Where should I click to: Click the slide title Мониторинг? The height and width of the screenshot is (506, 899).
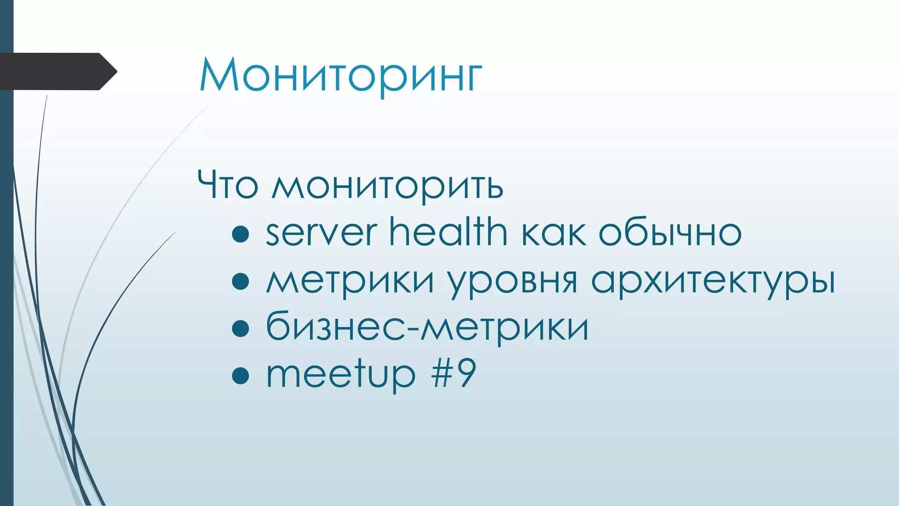click(x=341, y=76)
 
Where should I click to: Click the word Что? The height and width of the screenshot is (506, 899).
click(x=227, y=185)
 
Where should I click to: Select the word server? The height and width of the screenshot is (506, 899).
click(x=321, y=233)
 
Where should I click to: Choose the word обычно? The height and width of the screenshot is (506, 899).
click(x=670, y=233)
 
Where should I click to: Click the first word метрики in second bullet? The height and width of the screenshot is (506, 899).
click(x=350, y=281)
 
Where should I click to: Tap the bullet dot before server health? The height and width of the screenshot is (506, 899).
click(x=241, y=234)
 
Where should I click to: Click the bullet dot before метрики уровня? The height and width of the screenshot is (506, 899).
click(x=241, y=282)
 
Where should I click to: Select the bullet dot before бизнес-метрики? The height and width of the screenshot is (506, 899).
click(x=241, y=329)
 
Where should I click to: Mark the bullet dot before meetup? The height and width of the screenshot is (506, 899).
click(x=241, y=376)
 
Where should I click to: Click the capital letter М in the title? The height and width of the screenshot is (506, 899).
click(x=218, y=76)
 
